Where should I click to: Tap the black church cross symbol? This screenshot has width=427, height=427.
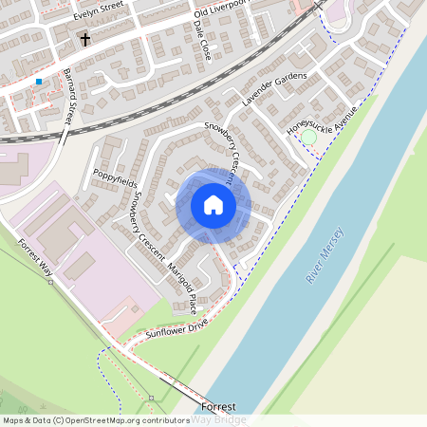(x=85, y=40)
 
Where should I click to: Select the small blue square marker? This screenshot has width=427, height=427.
(x=39, y=83)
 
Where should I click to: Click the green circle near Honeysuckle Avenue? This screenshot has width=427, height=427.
(x=308, y=138)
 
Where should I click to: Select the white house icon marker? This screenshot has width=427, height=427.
(x=213, y=205)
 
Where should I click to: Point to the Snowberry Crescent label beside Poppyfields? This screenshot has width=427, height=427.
(x=149, y=221)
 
